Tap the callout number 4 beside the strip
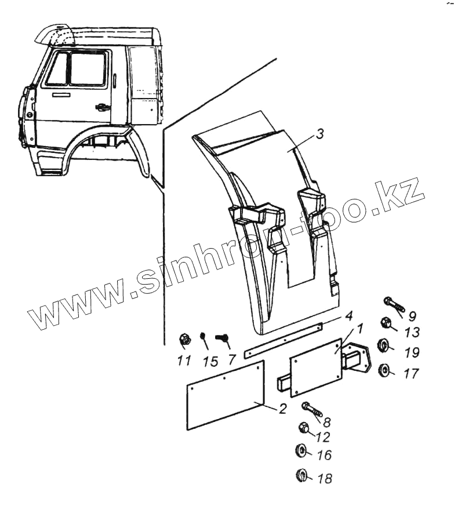point(348,316)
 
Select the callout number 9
point(412,316)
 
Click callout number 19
point(411,352)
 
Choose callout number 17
point(411,374)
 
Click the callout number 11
point(184,361)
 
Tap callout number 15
point(210,362)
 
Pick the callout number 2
point(282,409)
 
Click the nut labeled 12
point(303,429)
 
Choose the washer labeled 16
point(302,450)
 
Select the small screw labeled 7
point(222,337)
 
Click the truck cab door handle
point(102,107)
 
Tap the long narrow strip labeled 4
point(284,341)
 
